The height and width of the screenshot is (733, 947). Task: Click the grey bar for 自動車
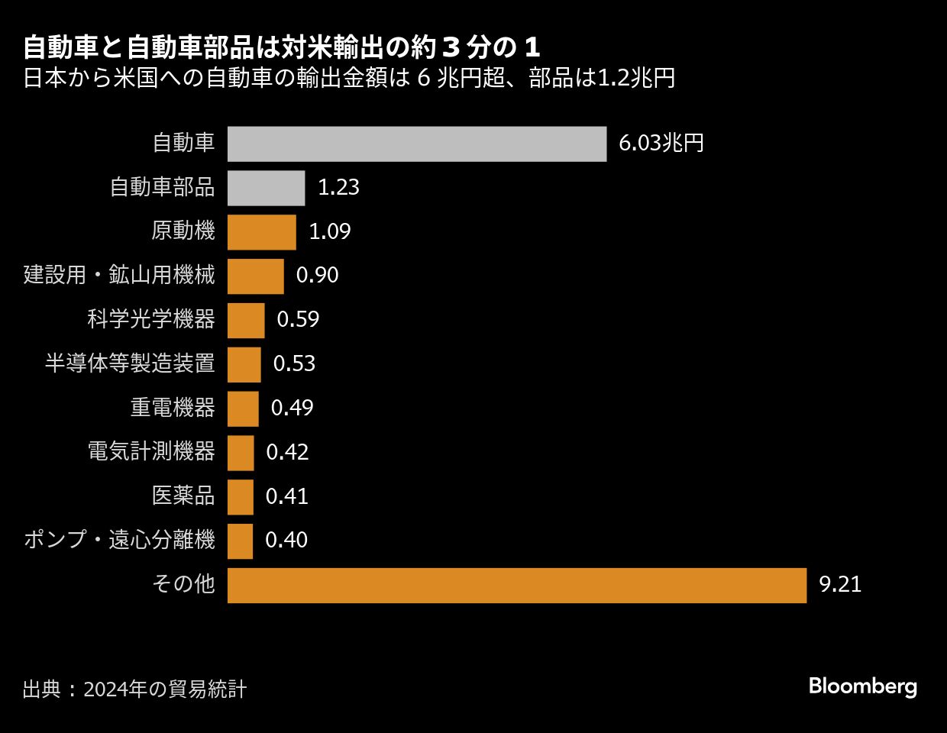tap(417, 144)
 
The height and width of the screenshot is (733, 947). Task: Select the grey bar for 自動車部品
tap(266, 188)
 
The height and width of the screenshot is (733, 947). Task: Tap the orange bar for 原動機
tap(261, 232)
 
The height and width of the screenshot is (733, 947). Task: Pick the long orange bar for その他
tap(517, 585)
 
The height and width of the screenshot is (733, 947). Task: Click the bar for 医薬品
tap(240, 497)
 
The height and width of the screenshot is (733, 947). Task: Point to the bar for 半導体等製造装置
tap(244, 364)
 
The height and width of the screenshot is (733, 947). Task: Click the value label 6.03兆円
tap(661, 144)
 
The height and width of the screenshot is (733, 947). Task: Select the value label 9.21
tap(840, 585)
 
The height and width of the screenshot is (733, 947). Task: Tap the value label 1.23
tap(338, 188)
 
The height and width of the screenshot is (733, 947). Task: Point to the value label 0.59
tap(298, 320)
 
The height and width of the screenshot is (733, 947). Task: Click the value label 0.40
tap(286, 541)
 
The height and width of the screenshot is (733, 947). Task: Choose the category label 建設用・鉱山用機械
tap(119, 276)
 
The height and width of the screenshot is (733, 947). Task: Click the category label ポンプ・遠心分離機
tap(119, 541)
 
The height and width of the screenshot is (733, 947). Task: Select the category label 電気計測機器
tap(151, 452)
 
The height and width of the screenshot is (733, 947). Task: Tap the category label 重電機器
tap(173, 408)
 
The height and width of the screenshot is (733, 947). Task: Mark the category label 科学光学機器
tap(151, 320)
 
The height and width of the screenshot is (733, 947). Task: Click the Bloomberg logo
tap(862, 686)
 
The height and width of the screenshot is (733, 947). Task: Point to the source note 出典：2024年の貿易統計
tap(134, 689)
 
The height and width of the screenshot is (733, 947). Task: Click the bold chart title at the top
tap(282, 48)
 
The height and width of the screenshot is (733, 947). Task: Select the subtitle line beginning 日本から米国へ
tap(349, 79)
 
